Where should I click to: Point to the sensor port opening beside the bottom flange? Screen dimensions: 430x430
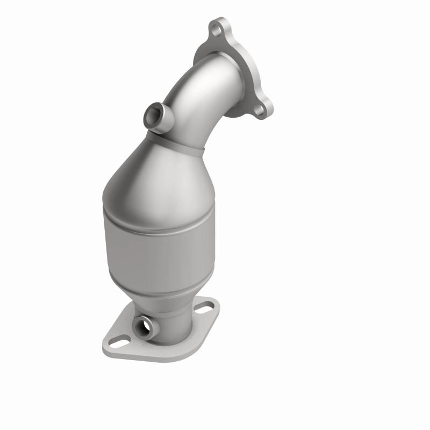[x=144, y=326]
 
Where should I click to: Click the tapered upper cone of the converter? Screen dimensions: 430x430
[x=156, y=177]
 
